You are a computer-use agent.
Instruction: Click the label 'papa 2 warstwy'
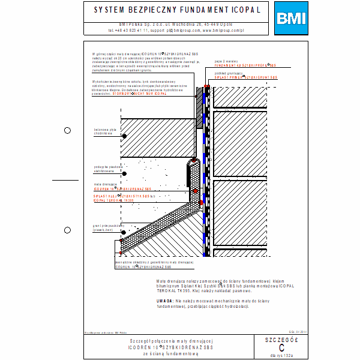226,61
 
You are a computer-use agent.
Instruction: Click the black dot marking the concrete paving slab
124,136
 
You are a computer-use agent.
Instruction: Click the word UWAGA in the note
164,299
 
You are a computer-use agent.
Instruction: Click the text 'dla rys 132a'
281,355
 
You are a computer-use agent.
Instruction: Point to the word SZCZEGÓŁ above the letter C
281,340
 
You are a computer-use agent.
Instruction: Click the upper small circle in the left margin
67,130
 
